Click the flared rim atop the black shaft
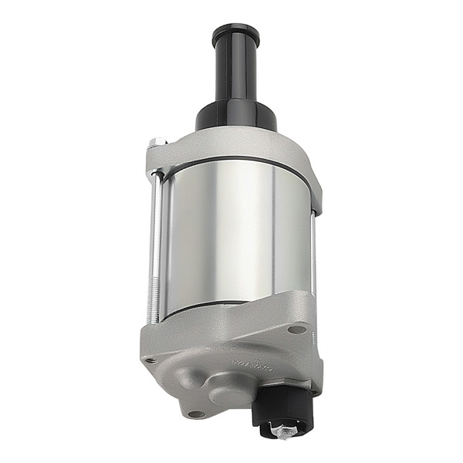235,33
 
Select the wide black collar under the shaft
235,116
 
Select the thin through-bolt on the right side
314,255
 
